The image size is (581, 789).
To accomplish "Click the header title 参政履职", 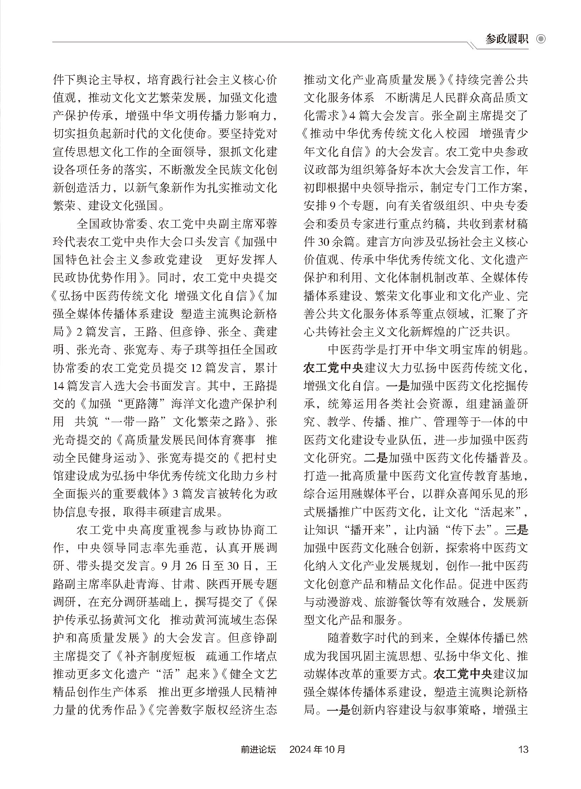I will tap(507, 39).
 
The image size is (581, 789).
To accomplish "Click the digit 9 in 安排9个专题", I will tap(333, 206).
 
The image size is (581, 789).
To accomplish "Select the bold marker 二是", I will tap(376, 458).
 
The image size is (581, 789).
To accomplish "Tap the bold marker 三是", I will tap(516, 530).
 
